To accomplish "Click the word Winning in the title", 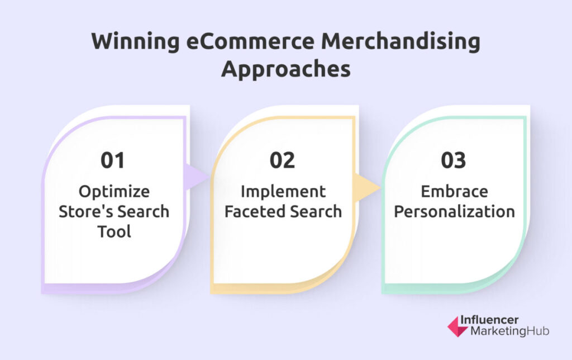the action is pos(135,41).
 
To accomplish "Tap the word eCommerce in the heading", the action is pos(250,41).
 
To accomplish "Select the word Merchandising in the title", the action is pos(401,41).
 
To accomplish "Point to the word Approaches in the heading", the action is pos(285,69).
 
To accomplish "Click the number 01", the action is pos(113,160).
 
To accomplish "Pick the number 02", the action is pos(282,160).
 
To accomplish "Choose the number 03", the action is pos(454,160).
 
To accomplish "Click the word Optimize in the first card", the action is pos(114,192).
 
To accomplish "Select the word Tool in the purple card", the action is pos(114,231).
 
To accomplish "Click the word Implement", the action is pos(283,192).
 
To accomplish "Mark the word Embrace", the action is pos(455,191).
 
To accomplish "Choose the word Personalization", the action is pos(455,211).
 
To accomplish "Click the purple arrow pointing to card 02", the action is pos(196,177).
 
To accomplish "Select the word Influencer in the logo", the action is pos(489,320).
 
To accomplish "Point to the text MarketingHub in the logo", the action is pos(509,331).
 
